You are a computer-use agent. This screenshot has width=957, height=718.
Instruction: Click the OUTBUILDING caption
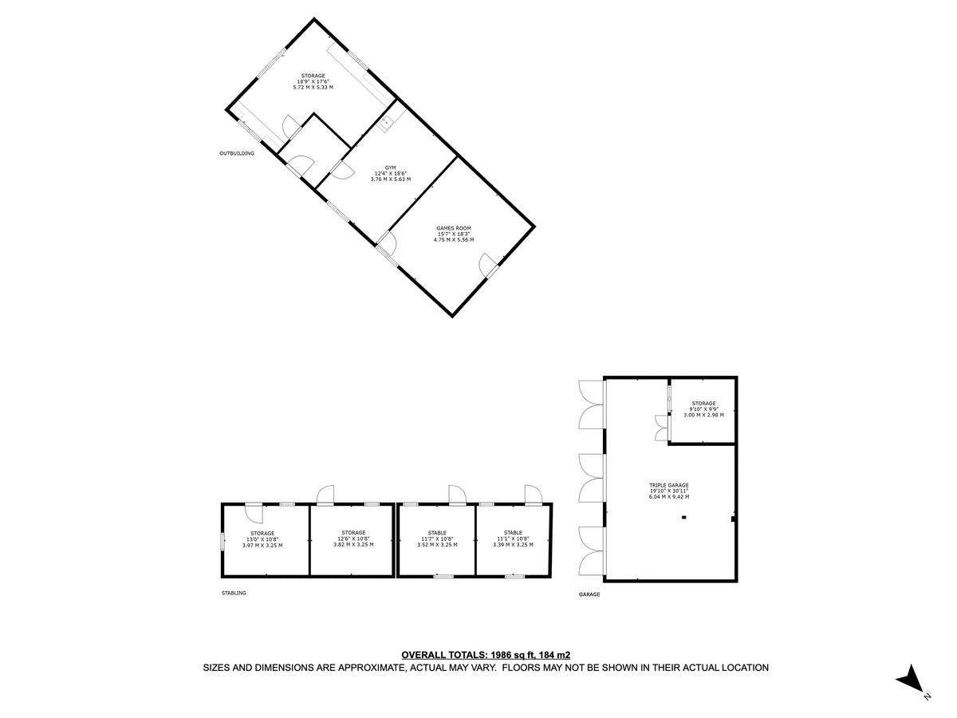click(x=237, y=153)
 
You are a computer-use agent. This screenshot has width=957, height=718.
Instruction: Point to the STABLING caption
click(x=234, y=593)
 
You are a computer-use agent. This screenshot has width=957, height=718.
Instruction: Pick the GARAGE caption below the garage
click(x=589, y=594)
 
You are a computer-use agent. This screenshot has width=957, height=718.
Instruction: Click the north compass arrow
click(x=909, y=681)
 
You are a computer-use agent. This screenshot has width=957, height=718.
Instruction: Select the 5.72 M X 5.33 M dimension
click(x=313, y=87)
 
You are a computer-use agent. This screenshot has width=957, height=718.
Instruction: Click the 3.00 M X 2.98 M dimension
click(x=703, y=415)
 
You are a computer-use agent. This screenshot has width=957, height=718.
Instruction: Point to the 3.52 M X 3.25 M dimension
click(x=436, y=545)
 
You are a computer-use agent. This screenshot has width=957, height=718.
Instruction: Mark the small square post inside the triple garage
click(x=683, y=517)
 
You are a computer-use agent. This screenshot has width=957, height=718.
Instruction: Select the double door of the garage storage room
click(x=660, y=428)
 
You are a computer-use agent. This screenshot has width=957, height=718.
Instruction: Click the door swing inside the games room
click(x=486, y=264)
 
